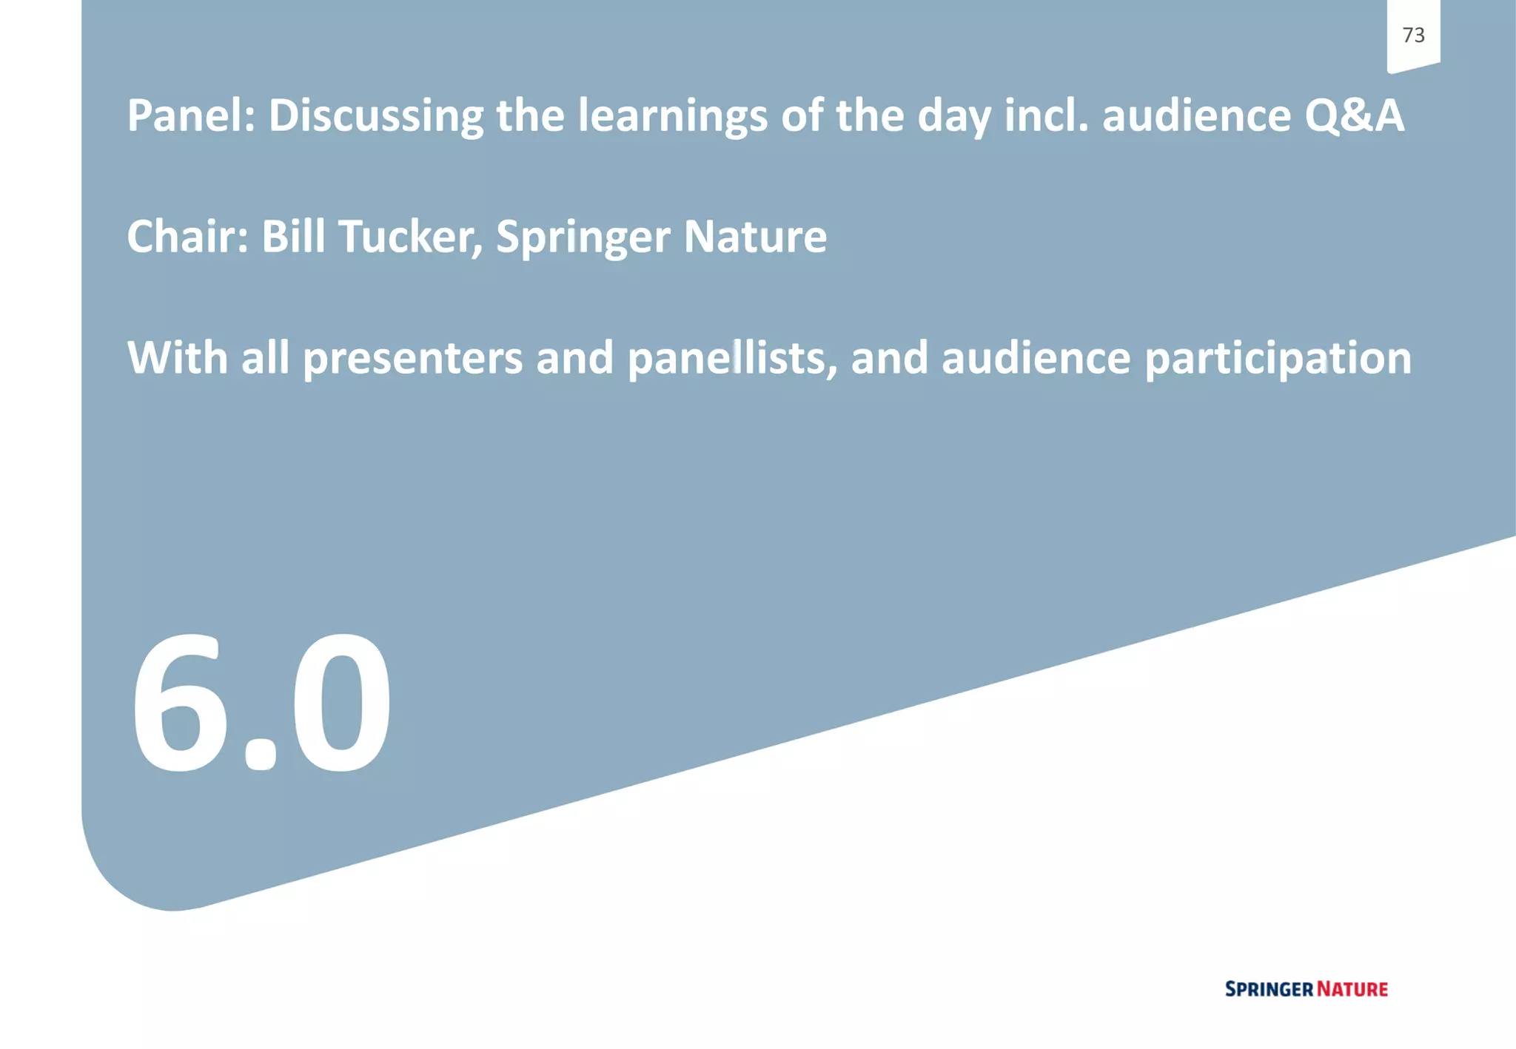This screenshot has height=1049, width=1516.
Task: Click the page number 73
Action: [x=1413, y=35]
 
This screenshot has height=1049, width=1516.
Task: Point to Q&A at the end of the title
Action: [x=1354, y=116]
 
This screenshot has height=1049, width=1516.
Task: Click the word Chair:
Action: [x=188, y=237]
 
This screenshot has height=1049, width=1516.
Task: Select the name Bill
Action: [x=293, y=237]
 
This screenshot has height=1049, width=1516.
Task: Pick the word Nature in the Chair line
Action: [x=755, y=237]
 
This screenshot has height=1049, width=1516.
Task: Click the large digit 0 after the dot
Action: [x=341, y=703]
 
